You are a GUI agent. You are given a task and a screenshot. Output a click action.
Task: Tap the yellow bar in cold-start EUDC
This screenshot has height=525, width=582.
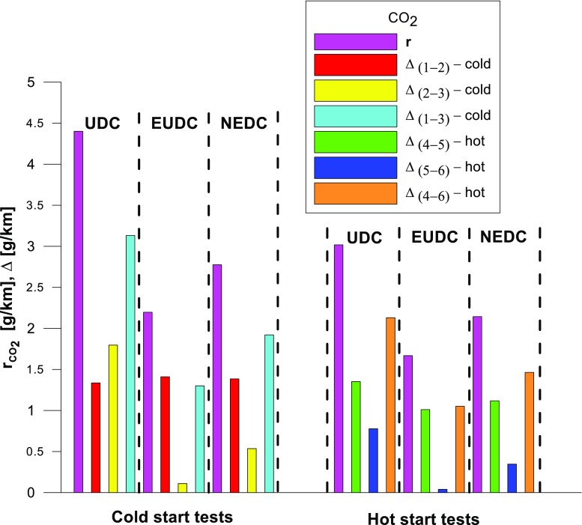coord(182,488)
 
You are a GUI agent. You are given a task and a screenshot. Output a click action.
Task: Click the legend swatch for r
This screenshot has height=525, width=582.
coord(356,40)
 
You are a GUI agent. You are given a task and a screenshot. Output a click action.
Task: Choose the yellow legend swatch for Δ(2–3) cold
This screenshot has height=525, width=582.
coord(356,91)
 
